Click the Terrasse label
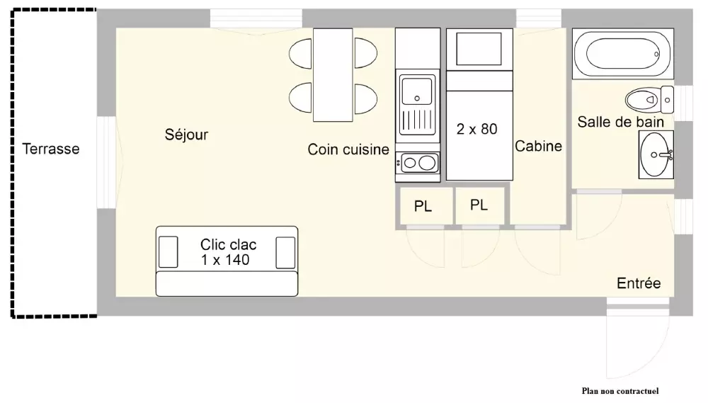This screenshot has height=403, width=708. pyautogui.click(x=51, y=149)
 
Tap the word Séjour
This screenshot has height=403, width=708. pyautogui.click(x=186, y=135)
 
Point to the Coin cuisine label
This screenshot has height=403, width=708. pyautogui.click(x=348, y=149)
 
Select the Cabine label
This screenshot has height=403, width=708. pyautogui.click(x=538, y=147)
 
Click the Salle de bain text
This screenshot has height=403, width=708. pyautogui.click(x=621, y=122)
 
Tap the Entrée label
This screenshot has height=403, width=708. pyautogui.click(x=639, y=283)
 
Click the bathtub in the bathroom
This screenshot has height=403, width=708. pyautogui.click(x=623, y=54)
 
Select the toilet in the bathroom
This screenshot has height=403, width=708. pyautogui.click(x=649, y=99)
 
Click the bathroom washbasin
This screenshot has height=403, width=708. pyautogui.click(x=656, y=154)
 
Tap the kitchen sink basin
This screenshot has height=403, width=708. pyautogui.click(x=417, y=91)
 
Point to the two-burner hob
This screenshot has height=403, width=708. pyautogui.click(x=418, y=163)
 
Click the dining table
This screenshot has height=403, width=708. pyautogui.click(x=333, y=75)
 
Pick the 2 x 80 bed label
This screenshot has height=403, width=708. pyautogui.click(x=476, y=129)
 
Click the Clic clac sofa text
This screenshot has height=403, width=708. pyautogui.click(x=228, y=251)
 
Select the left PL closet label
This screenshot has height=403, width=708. pyautogui.click(x=423, y=207)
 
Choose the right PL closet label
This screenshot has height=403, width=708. pyautogui.click(x=479, y=205)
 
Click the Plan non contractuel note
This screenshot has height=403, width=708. pyautogui.click(x=620, y=391)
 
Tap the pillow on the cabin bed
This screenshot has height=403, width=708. pyautogui.click(x=479, y=49)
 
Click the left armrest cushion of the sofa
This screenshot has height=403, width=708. pyautogui.click(x=168, y=252)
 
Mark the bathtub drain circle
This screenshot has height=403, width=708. pyautogui.click(x=656, y=55)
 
